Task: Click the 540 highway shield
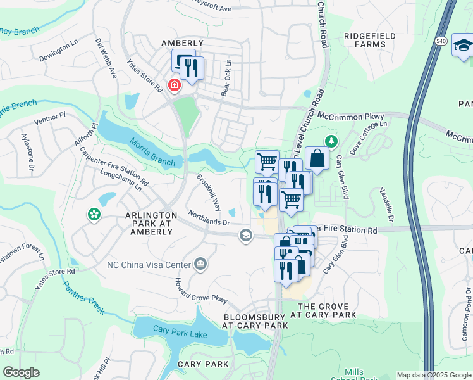(x=441, y=41)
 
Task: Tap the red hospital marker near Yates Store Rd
(x=172, y=85)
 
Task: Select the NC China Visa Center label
(x=149, y=264)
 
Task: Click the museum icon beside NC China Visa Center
(x=200, y=263)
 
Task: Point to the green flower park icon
(x=94, y=215)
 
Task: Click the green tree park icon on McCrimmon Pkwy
(x=329, y=140)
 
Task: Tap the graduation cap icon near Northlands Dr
(x=245, y=236)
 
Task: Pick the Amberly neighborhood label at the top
(x=183, y=42)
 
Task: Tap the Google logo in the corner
(x=21, y=372)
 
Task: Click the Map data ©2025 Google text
(x=434, y=375)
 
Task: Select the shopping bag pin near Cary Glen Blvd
(x=317, y=158)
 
